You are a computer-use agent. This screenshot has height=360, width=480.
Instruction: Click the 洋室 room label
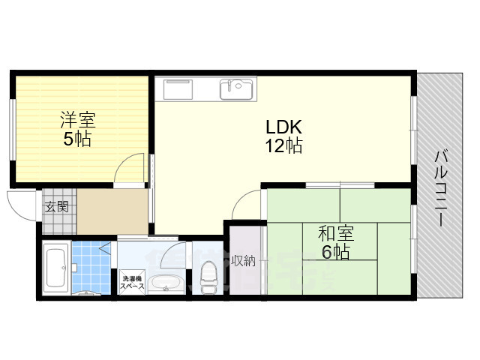tap(78, 120)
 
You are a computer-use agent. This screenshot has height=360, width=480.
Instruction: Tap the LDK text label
tap(283, 127)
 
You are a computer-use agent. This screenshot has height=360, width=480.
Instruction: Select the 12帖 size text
tap(283, 145)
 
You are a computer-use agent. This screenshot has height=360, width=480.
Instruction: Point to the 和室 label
tap(336, 234)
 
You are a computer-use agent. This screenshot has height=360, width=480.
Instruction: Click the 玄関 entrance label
tap(57, 207)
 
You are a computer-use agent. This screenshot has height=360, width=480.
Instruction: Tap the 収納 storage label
tap(244, 260)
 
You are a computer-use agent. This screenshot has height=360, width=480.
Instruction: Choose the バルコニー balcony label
tap(441, 188)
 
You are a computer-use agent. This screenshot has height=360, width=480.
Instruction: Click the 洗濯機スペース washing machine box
tap(132, 282)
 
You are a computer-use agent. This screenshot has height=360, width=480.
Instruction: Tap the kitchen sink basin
tap(236, 89)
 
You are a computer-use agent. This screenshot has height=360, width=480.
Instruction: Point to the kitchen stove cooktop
tap(178, 89)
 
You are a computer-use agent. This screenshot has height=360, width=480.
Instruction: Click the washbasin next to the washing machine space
tap(166, 283)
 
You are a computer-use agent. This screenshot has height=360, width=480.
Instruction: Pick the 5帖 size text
tap(77, 139)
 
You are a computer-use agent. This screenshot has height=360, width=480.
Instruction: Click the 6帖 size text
tap(335, 252)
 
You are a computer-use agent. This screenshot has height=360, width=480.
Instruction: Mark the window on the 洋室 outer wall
tap(12, 129)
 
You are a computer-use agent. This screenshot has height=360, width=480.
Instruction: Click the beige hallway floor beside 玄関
tap(112, 211)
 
